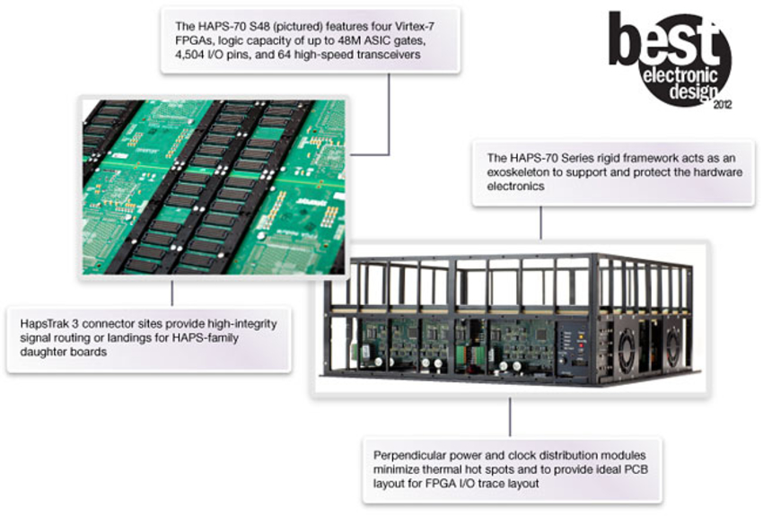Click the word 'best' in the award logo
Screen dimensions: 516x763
[x=665, y=40]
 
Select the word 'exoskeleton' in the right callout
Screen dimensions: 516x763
[x=517, y=171]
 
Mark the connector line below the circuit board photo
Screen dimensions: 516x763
[x=171, y=293]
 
